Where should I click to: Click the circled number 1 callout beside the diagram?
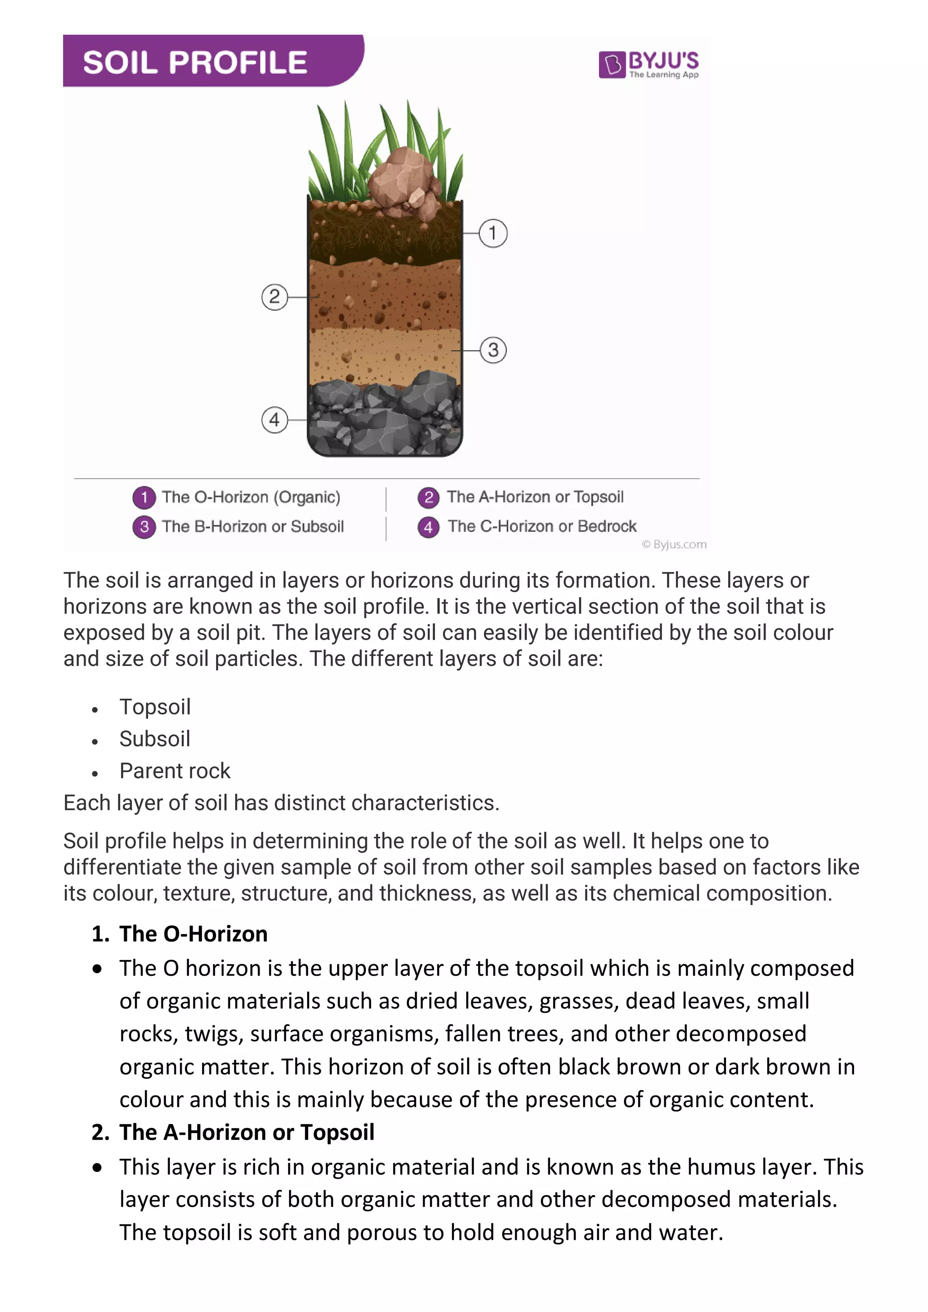pyautogui.click(x=493, y=233)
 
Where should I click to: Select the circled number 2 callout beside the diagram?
pyautogui.click(x=274, y=297)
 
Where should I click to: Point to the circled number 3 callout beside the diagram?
pyautogui.click(x=493, y=350)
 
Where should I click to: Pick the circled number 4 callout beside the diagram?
pyautogui.click(x=274, y=420)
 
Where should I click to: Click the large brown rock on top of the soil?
pyautogui.click(x=400, y=177)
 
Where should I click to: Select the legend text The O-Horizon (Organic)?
pyautogui.click(x=251, y=497)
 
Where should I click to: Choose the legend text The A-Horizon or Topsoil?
pyautogui.click(x=535, y=497)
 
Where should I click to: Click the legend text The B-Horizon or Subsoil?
pyautogui.click(x=252, y=526)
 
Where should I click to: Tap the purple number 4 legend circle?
pyautogui.click(x=429, y=527)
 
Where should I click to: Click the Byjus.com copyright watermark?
pyautogui.click(x=674, y=545)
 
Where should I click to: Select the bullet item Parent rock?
pyautogui.click(x=175, y=771)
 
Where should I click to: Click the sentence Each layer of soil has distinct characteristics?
pyautogui.click(x=281, y=803)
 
